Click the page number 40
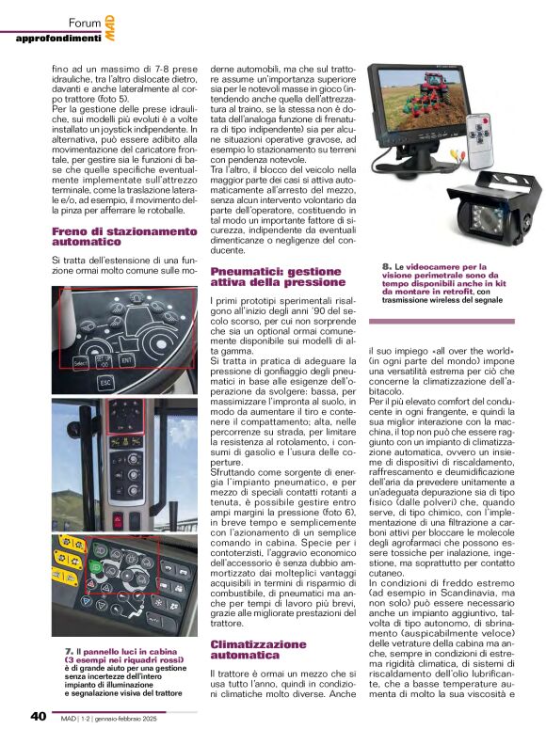38,717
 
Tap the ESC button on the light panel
105,383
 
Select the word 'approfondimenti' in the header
57,39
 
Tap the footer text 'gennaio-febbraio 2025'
156,717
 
